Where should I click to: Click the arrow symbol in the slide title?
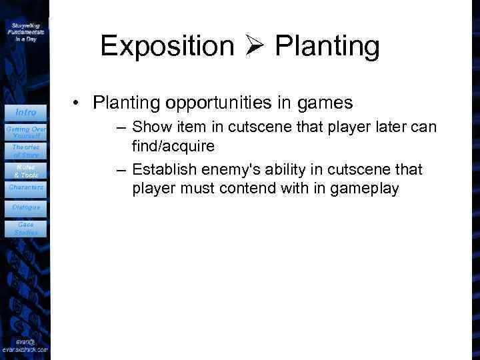coord(254,47)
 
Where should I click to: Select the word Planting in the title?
coord(327,47)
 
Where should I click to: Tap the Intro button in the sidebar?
coord(26,112)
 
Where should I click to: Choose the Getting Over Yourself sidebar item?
coord(26,131)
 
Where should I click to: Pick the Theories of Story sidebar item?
coord(26,151)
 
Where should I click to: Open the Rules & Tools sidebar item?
coord(26,170)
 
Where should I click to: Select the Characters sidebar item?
coord(26,187)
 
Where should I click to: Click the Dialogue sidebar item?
coord(26,207)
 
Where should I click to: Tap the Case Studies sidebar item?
coord(26,228)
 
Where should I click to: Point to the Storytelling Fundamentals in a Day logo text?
coord(26,31)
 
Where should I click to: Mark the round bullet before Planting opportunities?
coord(78,103)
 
